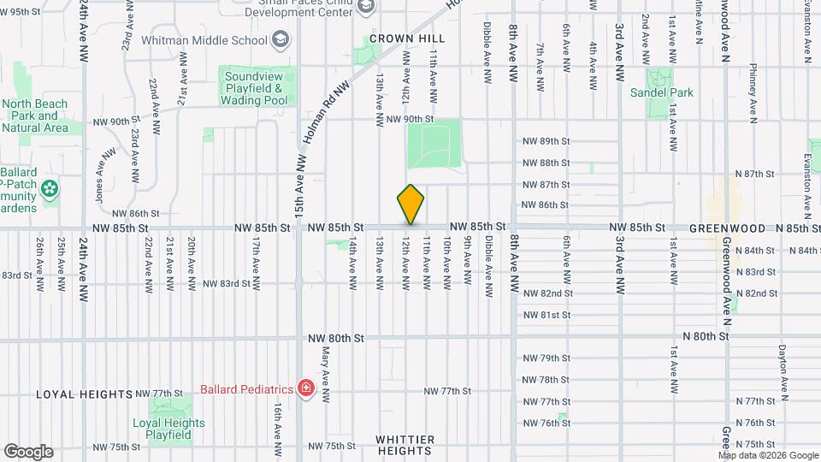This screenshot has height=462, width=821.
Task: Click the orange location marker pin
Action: [410, 204]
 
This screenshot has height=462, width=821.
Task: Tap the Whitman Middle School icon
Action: [280, 38]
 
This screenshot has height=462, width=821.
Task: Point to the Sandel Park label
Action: [662, 92]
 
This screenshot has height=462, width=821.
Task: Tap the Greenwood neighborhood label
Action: [718, 228]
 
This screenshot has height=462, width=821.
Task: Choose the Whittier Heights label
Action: [405, 445]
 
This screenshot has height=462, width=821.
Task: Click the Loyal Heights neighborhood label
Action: [85, 394]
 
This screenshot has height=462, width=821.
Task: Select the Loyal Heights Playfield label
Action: [169, 429]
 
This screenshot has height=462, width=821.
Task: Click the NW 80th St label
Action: [336, 338]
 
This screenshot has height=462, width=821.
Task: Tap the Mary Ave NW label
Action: [326, 376]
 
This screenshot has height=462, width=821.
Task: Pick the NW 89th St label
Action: [546, 141]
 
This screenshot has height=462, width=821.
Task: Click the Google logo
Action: [28, 451]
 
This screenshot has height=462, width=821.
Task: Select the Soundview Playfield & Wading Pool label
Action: [254, 88]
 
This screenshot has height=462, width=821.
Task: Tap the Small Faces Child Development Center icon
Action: [367, 7]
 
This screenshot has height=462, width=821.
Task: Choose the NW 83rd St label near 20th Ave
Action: [225, 283]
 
